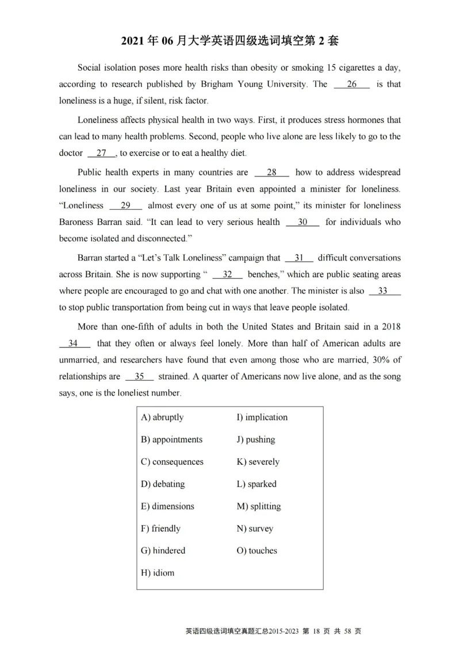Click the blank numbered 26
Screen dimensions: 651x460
point(352,85)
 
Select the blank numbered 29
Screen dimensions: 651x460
point(125,206)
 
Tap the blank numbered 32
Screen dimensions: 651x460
point(227,275)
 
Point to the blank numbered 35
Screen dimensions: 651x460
point(139,377)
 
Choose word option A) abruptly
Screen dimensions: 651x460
point(162,418)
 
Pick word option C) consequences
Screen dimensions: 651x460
point(172,462)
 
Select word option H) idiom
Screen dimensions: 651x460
point(158,573)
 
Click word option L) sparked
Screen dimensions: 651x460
point(256,484)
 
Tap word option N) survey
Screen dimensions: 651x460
point(255,529)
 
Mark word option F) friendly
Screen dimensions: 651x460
point(160,529)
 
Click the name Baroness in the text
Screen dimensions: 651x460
point(77,222)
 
